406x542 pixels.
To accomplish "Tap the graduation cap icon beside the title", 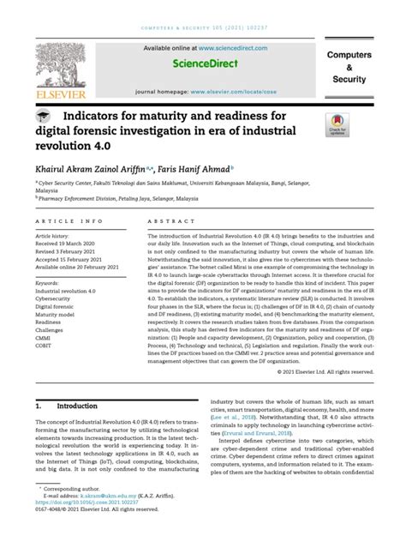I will [42, 115].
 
